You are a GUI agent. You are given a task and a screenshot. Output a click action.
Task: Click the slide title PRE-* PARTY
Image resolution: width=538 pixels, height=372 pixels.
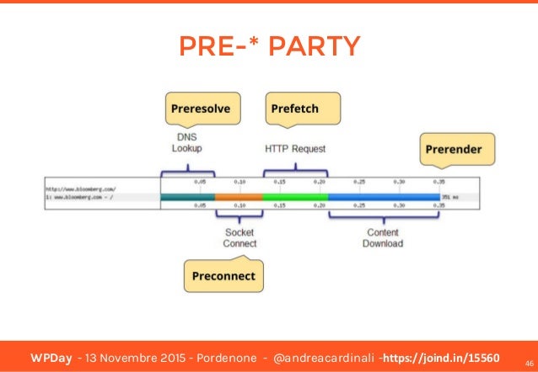(x=269, y=45)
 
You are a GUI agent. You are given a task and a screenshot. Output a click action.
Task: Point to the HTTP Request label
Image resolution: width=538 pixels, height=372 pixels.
(x=295, y=149)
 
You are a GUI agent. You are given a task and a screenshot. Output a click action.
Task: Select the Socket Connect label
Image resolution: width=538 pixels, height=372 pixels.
(x=239, y=237)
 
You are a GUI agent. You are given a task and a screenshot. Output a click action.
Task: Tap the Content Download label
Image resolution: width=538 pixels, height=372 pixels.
(x=383, y=237)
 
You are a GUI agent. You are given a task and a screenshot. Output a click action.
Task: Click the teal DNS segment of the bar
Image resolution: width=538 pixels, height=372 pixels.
(x=187, y=196)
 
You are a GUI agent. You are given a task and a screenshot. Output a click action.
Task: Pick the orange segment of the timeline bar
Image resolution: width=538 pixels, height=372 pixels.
(x=238, y=196)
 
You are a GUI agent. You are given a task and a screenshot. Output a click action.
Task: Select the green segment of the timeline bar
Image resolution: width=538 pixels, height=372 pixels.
(x=295, y=196)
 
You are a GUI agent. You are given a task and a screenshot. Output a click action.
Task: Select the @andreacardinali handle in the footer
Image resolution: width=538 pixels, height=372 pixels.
(x=323, y=348)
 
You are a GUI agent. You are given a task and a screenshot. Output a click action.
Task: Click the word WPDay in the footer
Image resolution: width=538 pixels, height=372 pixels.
(x=48, y=348)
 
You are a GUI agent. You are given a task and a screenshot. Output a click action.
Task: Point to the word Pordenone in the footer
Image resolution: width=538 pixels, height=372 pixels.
(x=222, y=348)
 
